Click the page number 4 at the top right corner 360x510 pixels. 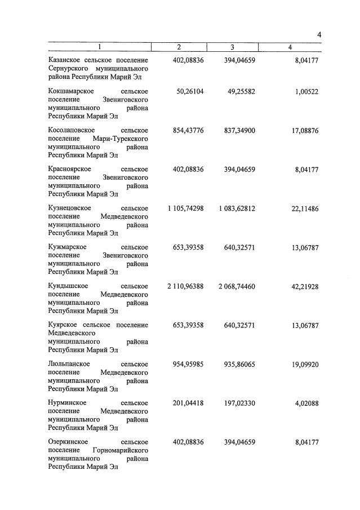319,35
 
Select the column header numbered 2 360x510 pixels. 179,47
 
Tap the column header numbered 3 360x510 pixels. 232,47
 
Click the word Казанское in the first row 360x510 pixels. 66,60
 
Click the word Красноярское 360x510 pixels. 69,169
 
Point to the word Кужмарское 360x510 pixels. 67,247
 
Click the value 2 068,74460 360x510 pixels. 237,286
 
